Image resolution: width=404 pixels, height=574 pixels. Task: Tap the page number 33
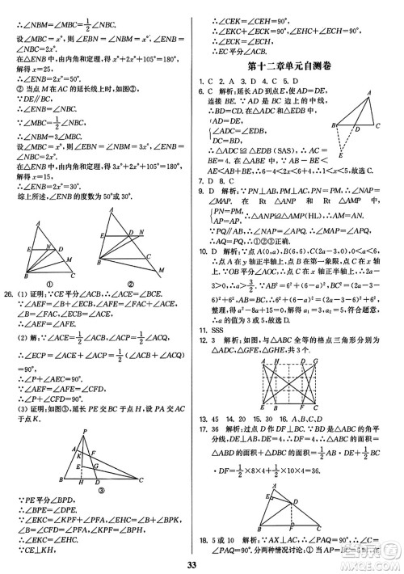(x=201, y=563)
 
